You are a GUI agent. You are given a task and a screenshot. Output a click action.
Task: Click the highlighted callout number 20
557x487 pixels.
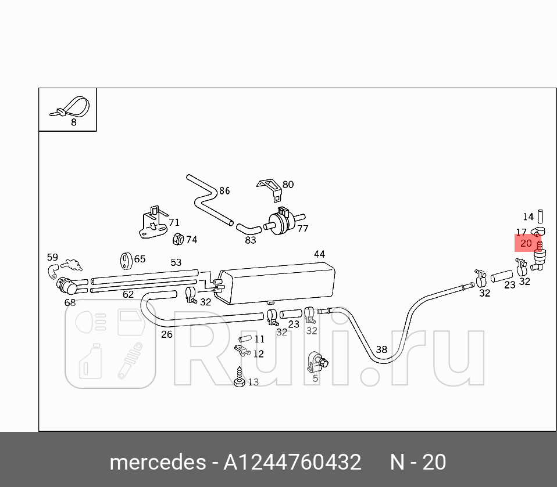(x=526, y=243)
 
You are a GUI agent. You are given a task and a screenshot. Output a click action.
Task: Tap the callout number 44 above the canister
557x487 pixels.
(x=319, y=254)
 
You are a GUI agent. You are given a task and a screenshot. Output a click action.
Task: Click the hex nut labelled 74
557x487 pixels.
(x=179, y=239)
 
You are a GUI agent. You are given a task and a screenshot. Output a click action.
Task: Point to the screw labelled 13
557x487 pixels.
(x=238, y=377)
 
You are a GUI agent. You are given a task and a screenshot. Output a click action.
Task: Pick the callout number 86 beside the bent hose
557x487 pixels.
(x=224, y=190)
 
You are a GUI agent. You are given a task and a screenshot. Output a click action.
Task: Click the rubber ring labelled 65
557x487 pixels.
(x=125, y=261)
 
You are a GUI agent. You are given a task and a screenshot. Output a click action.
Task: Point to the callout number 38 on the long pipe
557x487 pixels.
(x=381, y=349)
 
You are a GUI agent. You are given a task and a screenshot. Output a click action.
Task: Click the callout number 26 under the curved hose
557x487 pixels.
(x=167, y=334)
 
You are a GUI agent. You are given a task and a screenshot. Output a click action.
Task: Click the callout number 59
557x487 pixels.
(x=52, y=257)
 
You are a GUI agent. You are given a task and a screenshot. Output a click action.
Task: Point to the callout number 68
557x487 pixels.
(x=70, y=302)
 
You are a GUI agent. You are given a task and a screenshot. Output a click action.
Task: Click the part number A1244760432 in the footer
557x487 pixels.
(x=293, y=462)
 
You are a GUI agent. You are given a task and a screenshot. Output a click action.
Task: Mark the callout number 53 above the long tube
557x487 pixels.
(x=176, y=262)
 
